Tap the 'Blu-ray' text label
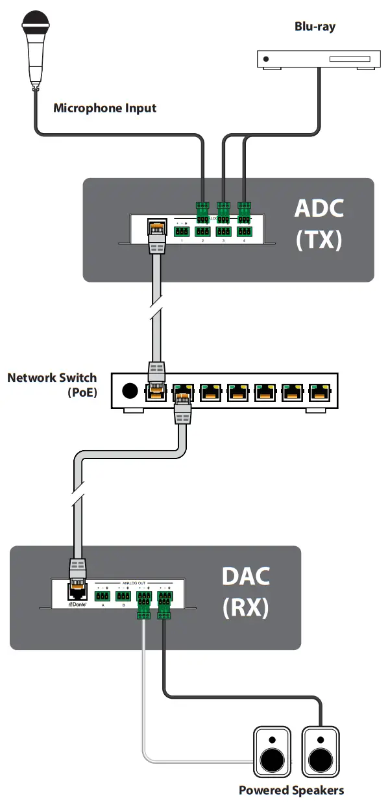tap(315, 27)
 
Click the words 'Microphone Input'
tap(104, 108)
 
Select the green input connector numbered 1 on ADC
tap(182, 231)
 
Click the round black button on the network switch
tap(130, 391)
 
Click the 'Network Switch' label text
tap(52, 377)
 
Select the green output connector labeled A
tap(103, 595)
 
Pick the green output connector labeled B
tap(123, 595)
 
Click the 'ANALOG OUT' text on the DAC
tap(134, 583)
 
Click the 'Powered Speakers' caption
tap(291, 790)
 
